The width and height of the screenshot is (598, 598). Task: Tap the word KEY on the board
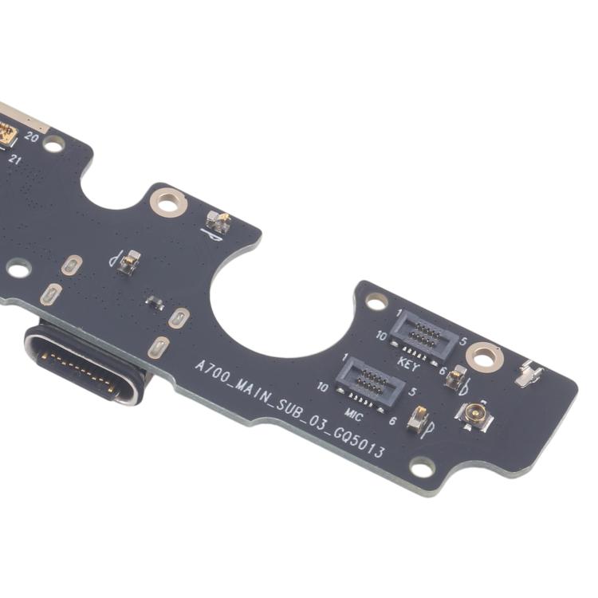click(x=408, y=363)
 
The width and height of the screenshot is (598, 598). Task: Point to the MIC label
click(x=353, y=415)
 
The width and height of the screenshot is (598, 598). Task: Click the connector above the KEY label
click(x=423, y=334)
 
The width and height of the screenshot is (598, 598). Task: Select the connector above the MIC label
click(x=369, y=384)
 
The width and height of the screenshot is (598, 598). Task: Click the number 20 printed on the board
click(x=32, y=136)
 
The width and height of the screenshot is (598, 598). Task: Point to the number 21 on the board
click(x=15, y=159)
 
